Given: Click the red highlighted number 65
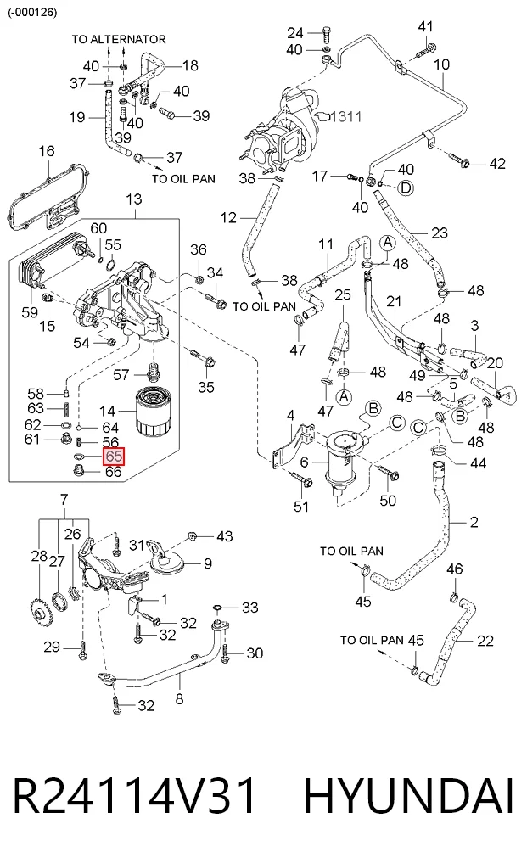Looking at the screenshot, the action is (x=114, y=457).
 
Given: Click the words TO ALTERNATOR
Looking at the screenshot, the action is (x=119, y=39).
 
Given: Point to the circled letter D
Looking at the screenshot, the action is (x=406, y=188).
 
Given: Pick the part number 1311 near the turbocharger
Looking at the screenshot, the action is (x=346, y=117).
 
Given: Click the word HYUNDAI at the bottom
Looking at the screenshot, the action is (x=409, y=795).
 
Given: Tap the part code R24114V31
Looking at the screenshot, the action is (x=134, y=795).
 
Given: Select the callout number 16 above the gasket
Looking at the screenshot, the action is (x=47, y=151).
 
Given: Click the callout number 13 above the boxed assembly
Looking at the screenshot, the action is (x=134, y=199).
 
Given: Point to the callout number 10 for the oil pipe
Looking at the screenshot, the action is (x=441, y=64).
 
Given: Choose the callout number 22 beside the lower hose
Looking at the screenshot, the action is (x=485, y=641).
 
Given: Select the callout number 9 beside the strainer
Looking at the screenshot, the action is (x=208, y=563).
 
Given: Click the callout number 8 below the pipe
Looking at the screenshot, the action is (x=179, y=699).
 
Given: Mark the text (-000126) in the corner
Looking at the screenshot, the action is (x=32, y=12).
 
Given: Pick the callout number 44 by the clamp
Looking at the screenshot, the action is (x=478, y=463).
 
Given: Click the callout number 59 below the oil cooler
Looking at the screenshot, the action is (x=30, y=312).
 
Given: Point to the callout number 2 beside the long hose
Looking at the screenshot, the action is (x=474, y=522).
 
